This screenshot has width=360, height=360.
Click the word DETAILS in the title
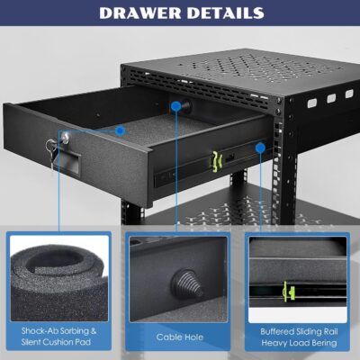pos(222,13)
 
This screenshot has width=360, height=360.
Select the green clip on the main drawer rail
pos(215,159)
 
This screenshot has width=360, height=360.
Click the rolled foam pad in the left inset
pos(54,271)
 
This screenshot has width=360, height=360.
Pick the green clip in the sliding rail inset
pos(289,291)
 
